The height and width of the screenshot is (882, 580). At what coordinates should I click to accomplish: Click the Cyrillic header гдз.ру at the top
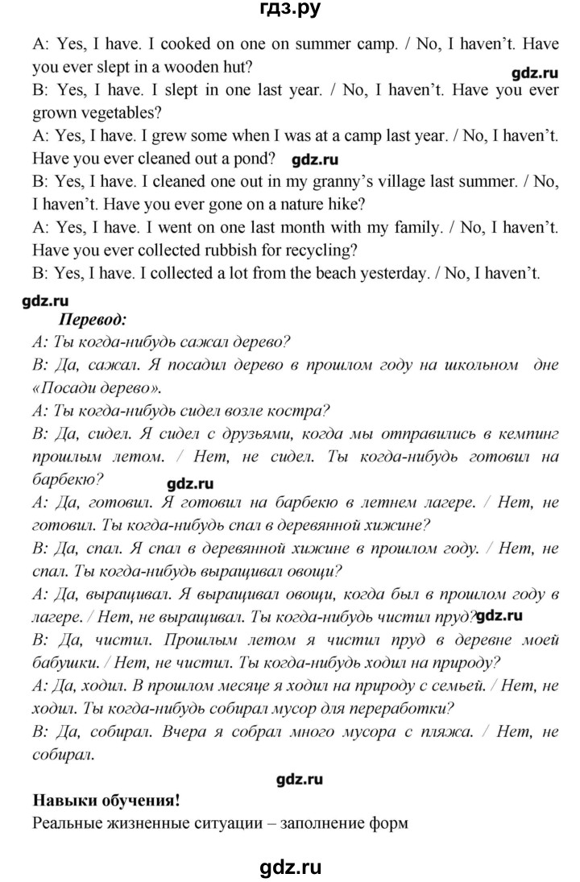pos(290,10)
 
